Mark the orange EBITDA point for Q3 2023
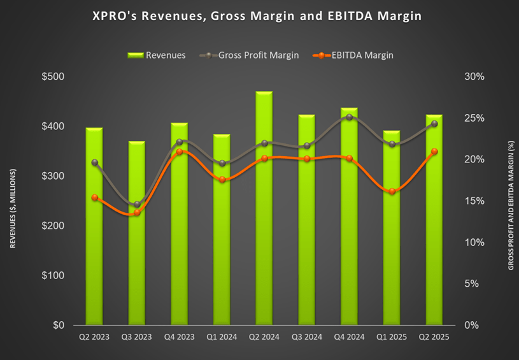click(137, 212)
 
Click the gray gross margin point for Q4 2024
click(349, 117)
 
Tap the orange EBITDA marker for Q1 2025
click(392, 191)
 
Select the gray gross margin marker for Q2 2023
click(94, 162)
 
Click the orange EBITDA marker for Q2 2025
click(434, 152)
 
